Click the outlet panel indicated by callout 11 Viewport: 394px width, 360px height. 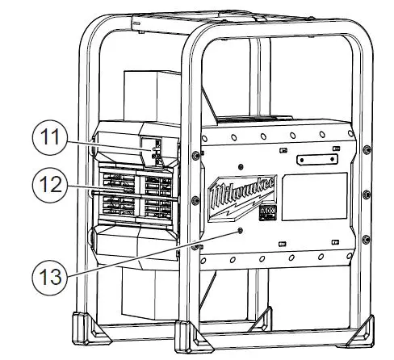(x=151, y=149)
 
